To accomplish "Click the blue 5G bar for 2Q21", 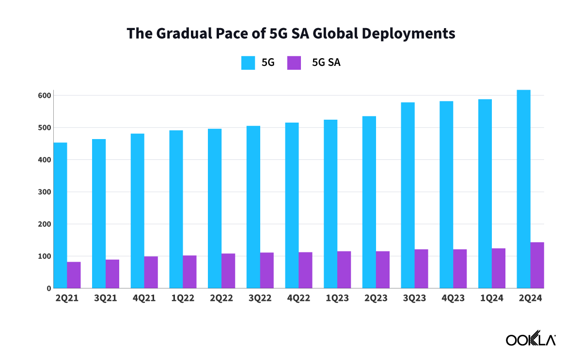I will [60, 215].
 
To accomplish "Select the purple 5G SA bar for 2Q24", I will [537, 265].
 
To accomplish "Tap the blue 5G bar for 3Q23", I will [408, 195].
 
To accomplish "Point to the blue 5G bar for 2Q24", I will [523, 189].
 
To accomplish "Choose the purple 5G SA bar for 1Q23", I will [344, 269].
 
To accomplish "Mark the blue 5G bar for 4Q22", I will [292, 205].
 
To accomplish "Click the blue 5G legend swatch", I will [248, 63].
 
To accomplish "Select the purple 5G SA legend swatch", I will [294, 63].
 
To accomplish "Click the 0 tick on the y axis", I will [49, 288].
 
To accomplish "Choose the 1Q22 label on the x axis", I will [183, 298].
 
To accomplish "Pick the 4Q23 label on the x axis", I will [453, 298].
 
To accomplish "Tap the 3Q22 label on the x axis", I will [260, 298].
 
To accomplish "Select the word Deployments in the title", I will [409, 33].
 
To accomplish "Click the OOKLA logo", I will [531, 340].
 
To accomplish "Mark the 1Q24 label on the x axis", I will [492, 298].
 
